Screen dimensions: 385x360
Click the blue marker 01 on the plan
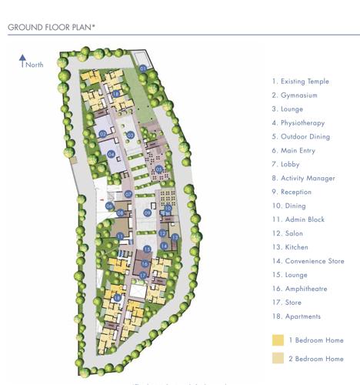[142, 69]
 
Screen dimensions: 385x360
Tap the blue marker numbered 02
[102, 134]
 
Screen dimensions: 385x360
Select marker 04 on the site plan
[111, 154]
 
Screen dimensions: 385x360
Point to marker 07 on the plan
[128, 194]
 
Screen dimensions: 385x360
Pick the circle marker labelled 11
[120, 236]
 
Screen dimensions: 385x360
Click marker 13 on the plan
[175, 237]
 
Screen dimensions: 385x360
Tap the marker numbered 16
[145, 264]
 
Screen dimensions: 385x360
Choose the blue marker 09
[147, 213]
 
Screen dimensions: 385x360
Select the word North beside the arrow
[35, 65]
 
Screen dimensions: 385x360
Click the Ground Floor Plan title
[52, 27]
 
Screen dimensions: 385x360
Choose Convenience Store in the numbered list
[307, 261]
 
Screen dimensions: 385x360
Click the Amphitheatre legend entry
[299, 289]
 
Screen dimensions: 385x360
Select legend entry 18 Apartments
[295, 316]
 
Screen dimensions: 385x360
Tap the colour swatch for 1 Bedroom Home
[278, 340]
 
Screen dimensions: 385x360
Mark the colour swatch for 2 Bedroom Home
[278, 358]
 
